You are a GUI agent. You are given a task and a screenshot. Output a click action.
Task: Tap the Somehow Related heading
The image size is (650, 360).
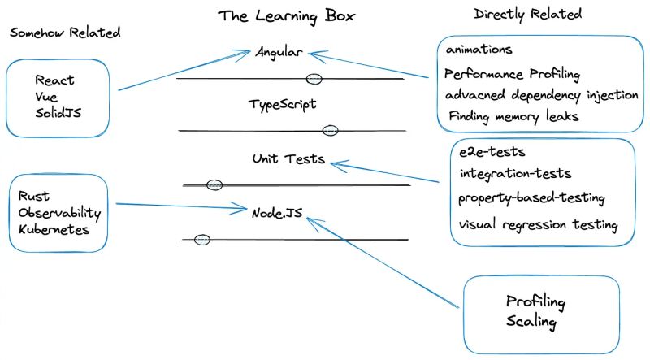pos(65,33)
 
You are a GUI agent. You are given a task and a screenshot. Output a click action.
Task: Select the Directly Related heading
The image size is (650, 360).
pos(527,15)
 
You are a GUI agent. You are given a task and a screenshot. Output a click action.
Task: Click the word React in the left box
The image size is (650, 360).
pos(54,80)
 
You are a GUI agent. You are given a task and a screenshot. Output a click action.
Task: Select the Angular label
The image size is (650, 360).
pos(279,52)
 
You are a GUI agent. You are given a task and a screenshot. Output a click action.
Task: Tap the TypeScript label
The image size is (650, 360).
pos(282,105)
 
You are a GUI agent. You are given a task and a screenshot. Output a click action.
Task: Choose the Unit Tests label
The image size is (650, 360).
pos(288,159)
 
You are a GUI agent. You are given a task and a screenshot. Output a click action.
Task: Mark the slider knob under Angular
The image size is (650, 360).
pos(314,79)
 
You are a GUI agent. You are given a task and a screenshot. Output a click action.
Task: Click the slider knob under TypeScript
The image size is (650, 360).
pos(330,130)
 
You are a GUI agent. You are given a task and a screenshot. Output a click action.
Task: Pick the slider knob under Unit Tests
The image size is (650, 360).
pos(214,184)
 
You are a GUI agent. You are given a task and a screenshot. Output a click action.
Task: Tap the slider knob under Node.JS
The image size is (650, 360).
pos(202,239)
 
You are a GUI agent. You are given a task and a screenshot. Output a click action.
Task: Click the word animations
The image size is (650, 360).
pos(479,50)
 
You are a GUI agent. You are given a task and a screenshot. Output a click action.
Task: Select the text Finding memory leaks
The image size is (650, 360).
pos(513,116)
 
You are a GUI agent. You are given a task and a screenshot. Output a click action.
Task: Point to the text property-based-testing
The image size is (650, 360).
pos(531,197)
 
